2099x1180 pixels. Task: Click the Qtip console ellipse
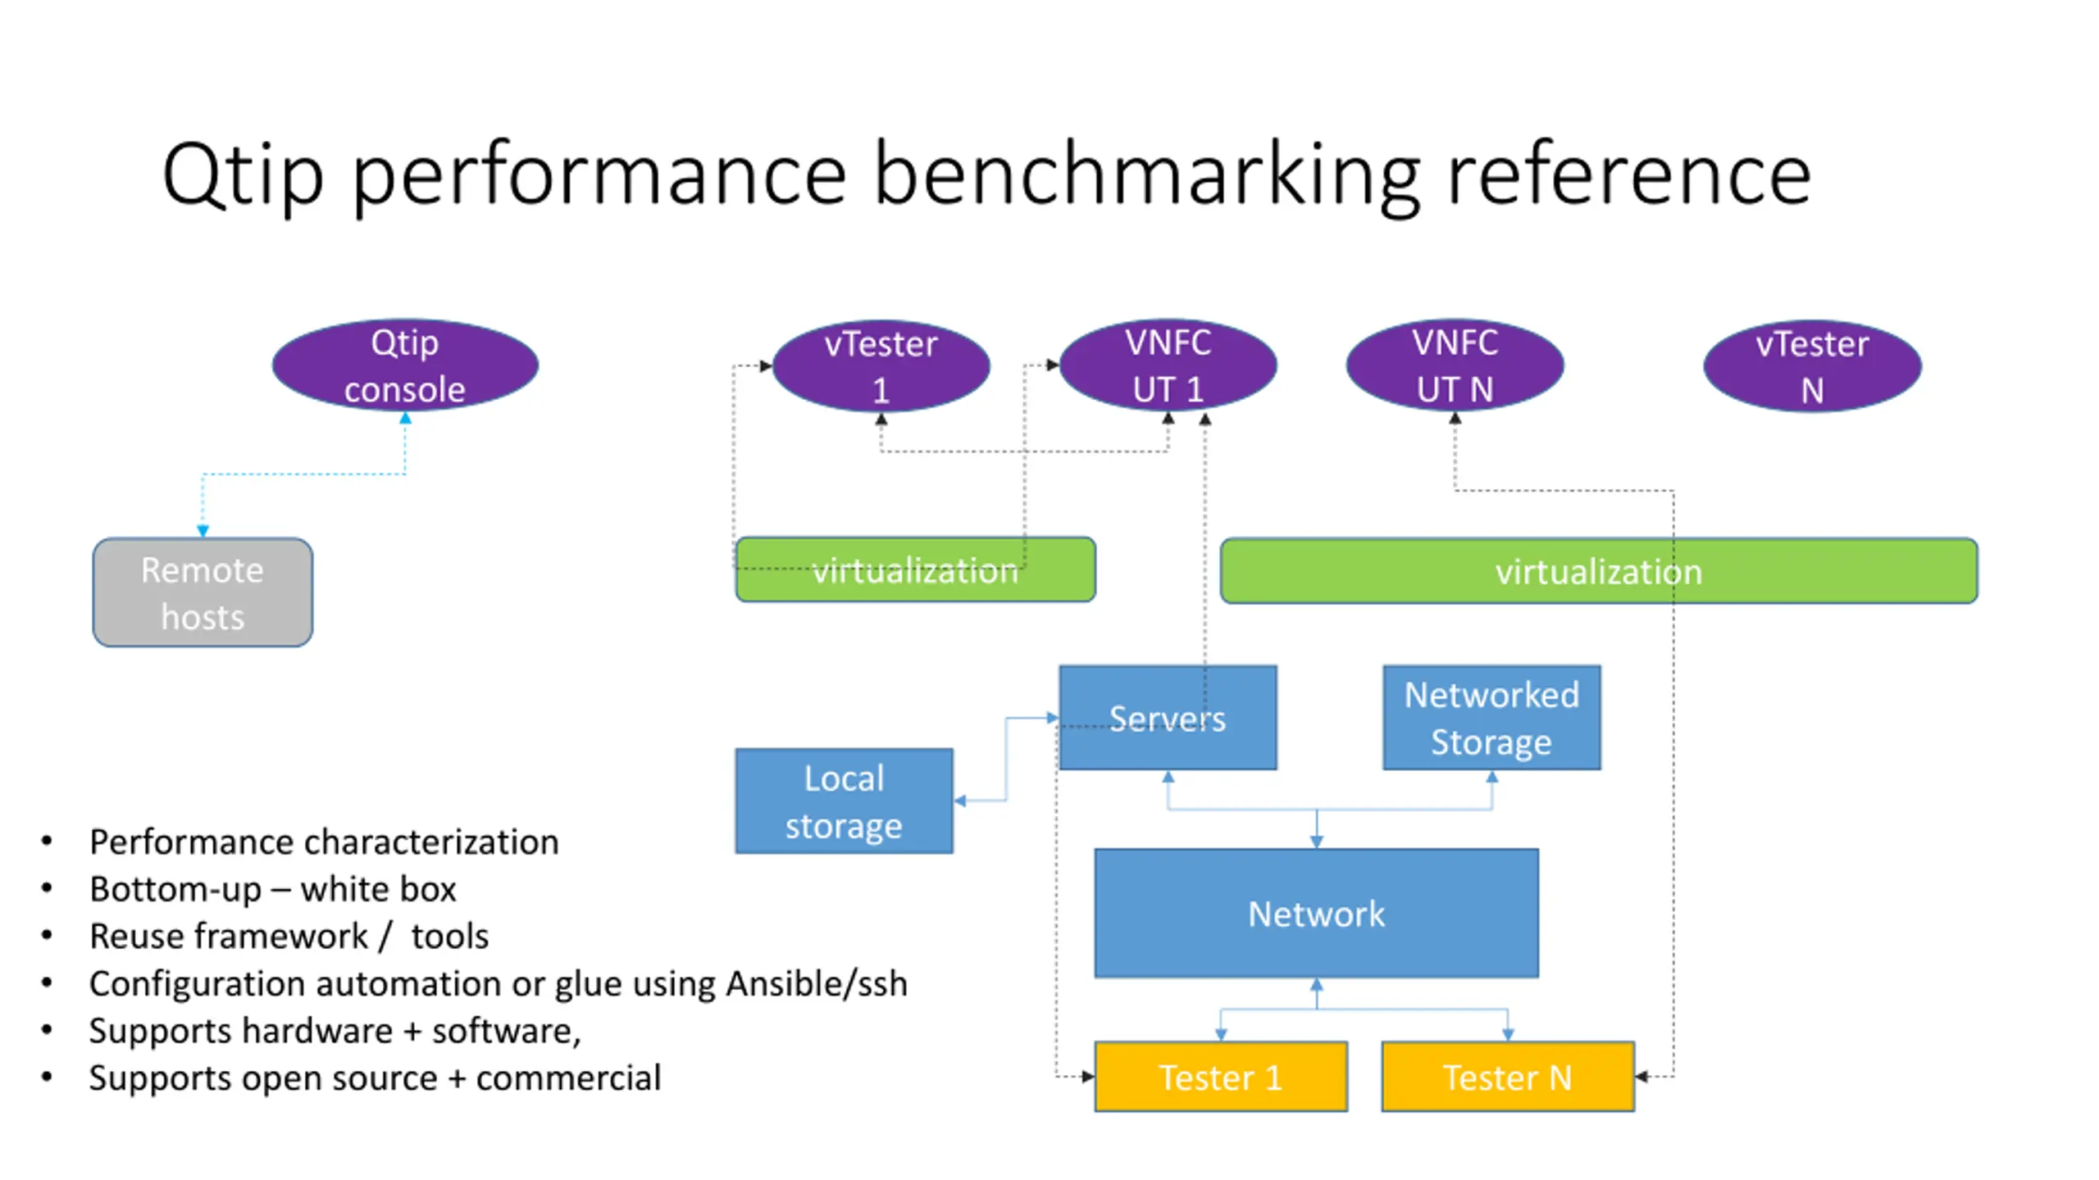pos(404,365)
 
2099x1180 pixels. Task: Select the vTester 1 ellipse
pos(881,365)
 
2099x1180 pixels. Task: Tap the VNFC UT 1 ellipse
pos(1168,365)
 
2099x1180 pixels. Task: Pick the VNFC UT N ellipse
pos(1455,365)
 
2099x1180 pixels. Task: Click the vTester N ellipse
pos(1812,365)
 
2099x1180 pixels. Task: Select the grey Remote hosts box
pos(203,592)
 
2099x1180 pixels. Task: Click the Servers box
pos(1168,718)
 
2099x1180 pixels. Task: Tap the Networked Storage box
pos(1491,718)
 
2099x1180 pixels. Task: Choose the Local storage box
pos(844,801)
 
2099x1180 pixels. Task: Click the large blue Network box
pos(1316,913)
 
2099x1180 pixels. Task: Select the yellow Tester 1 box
pos(1221,1077)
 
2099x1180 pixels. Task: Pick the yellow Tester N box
pos(1508,1077)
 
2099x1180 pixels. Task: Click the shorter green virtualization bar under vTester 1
pos(915,570)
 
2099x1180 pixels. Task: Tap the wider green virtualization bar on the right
pos(1599,571)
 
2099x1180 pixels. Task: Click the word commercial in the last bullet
pos(568,1078)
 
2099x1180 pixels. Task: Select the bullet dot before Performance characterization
pos(47,842)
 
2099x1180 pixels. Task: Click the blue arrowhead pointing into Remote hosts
pos(203,531)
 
